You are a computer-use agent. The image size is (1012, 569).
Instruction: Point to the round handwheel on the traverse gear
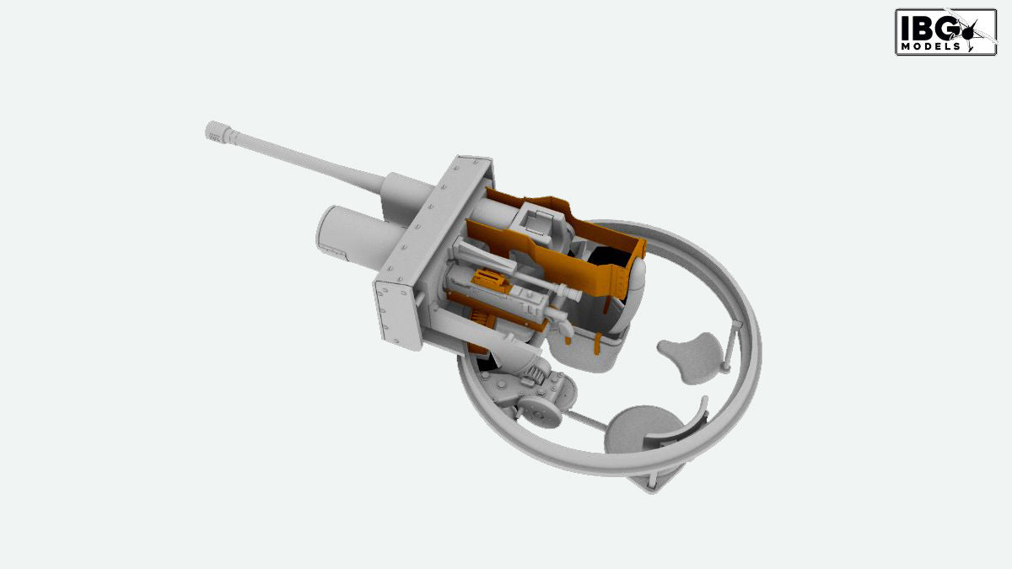pos(538,415)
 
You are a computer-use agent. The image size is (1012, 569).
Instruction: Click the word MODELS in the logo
pos(931,46)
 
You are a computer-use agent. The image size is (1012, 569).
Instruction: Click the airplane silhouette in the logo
pos(972,30)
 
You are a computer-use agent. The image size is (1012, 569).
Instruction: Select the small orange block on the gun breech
pos(490,280)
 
